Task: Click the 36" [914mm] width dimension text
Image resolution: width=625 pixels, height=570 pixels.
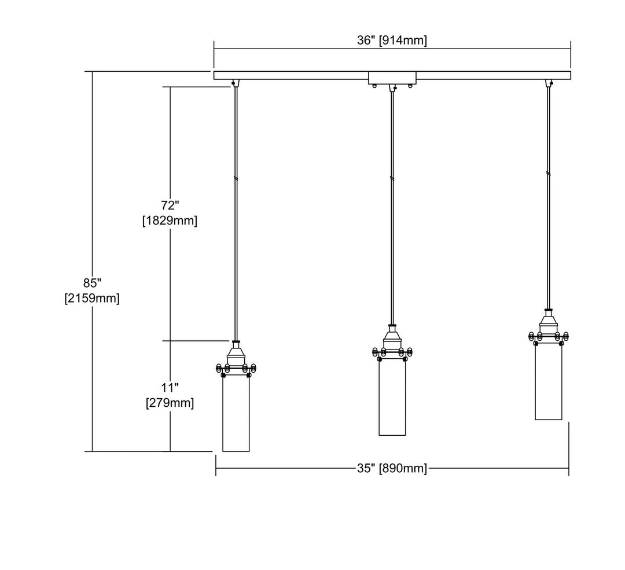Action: [392, 41]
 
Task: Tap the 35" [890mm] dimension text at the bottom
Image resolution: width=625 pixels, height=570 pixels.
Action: [392, 468]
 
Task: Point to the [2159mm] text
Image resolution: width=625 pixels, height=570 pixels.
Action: [92, 298]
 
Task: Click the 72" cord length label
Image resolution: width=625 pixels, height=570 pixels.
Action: [170, 205]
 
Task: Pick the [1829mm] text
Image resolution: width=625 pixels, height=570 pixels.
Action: [170, 220]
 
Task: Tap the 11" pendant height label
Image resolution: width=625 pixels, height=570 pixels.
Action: [170, 387]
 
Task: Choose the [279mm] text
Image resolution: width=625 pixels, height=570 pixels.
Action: [170, 403]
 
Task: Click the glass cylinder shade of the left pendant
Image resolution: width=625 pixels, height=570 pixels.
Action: [236, 414]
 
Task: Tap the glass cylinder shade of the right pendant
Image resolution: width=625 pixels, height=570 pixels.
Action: [549, 382]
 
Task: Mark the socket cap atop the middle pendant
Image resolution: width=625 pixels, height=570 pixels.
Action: [392, 339]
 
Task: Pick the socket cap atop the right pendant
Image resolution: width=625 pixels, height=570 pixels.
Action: [549, 323]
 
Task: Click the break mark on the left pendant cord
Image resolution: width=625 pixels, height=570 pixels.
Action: [236, 179]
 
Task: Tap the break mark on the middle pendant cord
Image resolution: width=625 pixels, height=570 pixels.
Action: [392, 179]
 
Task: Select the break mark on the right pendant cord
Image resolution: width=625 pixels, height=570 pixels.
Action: [549, 174]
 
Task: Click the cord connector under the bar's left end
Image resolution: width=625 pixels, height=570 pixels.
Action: [236, 83]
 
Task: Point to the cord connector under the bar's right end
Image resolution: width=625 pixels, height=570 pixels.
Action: [549, 83]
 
